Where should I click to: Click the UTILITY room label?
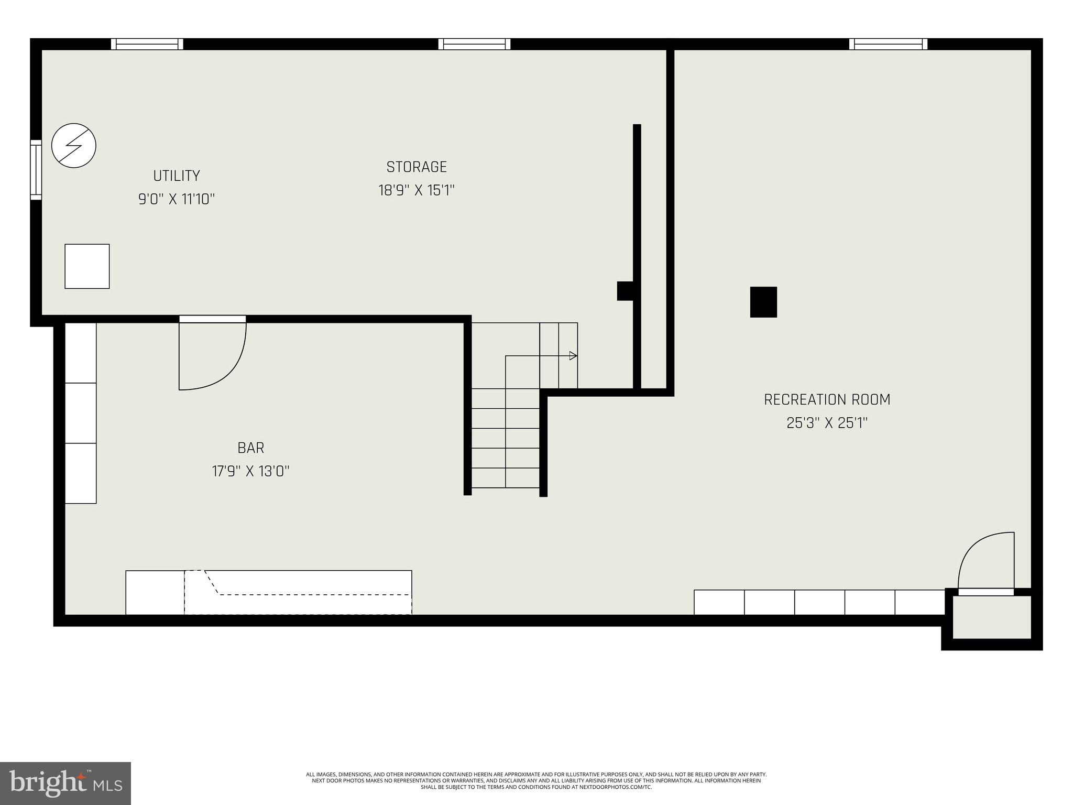pyautogui.click(x=176, y=176)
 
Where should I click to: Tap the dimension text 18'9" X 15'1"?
pyautogui.click(x=416, y=190)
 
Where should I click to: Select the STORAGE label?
pyautogui.click(x=417, y=167)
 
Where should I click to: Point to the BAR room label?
pyautogui.click(x=250, y=448)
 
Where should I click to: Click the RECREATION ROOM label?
pyautogui.click(x=827, y=400)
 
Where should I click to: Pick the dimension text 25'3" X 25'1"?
pyautogui.click(x=827, y=423)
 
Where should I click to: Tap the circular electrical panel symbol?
pyautogui.click(x=74, y=146)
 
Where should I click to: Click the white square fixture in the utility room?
pyautogui.click(x=87, y=266)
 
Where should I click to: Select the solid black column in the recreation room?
pyautogui.click(x=763, y=302)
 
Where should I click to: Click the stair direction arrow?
pyautogui.click(x=573, y=356)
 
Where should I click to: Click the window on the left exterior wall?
pyautogui.click(x=36, y=170)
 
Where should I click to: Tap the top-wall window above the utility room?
pyautogui.click(x=147, y=44)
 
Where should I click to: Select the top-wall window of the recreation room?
pyautogui.click(x=888, y=44)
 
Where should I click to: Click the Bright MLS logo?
pyautogui.click(x=65, y=783)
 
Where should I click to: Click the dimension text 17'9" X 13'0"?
pyautogui.click(x=250, y=471)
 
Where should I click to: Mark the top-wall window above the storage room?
pyautogui.click(x=474, y=44)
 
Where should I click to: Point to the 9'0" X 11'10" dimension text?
pyautogui.click(x=176, y=199)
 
